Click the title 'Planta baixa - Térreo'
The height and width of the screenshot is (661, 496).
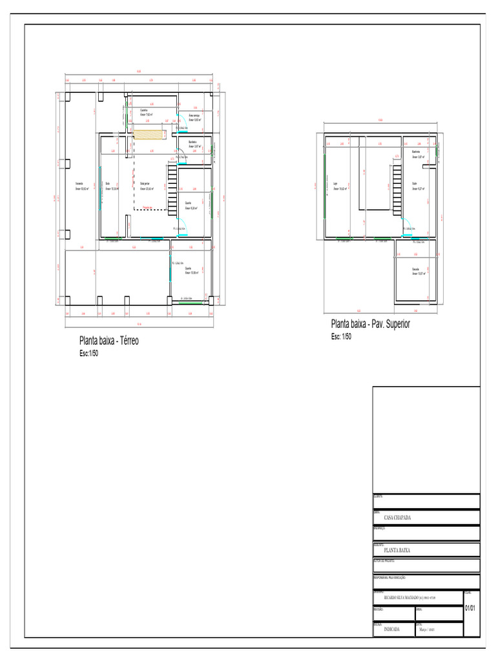[108, 341]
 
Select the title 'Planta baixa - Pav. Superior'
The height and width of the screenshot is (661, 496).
[370, 324]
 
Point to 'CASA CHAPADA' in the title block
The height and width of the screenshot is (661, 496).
[397, 518]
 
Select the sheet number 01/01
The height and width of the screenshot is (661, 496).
[471, 609]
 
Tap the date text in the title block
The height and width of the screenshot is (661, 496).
[424, 628]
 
